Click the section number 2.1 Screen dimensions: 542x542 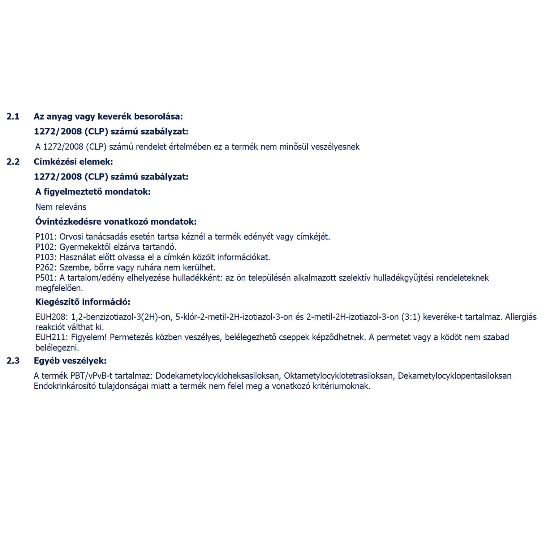(13, 116)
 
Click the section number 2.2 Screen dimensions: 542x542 (13, 162)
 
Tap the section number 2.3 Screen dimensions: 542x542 (13, 361)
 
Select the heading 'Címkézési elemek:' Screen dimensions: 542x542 (73, 162)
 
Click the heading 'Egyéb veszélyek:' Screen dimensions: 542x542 (70, 361)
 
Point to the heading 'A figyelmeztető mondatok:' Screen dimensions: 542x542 (93, 192)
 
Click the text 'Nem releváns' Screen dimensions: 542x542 (61, 207)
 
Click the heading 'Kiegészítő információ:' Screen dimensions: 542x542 (83, 302)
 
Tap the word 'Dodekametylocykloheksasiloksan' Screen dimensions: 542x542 (218, 376)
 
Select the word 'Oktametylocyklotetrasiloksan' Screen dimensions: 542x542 (339, 376)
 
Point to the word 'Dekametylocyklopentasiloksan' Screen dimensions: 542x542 (455, 376)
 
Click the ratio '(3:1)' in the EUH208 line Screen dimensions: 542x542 (411, 317)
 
